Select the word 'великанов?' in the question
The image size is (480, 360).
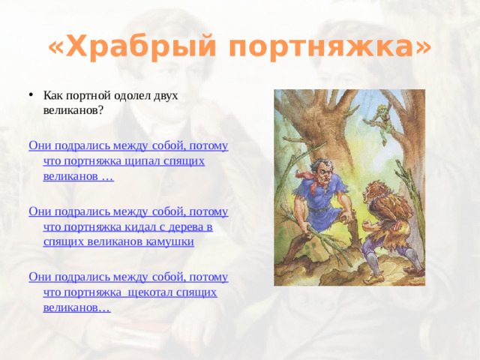[x=73, y=109]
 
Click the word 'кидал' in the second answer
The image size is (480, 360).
[x=135, y=226]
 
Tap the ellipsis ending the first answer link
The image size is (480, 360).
[x=107, y=175]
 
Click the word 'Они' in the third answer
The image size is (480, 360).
[x=39, y=277]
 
